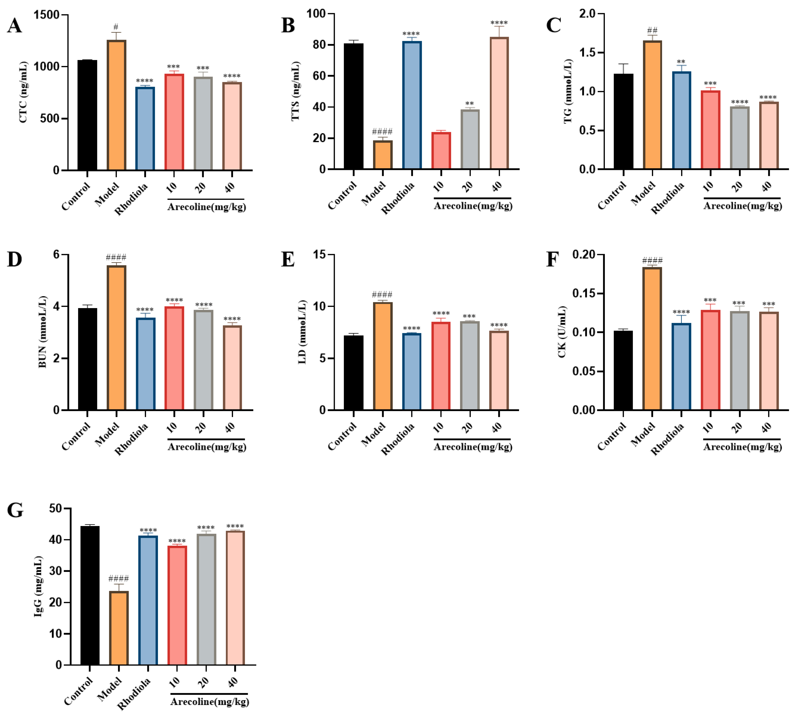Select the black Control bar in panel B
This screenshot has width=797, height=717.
click(x=353, y=106)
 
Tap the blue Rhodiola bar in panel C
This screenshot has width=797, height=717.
click(x=681, y=120)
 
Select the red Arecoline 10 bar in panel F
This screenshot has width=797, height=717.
click(x=710, y=360)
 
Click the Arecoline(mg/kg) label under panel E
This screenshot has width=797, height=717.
click(x=473, y=447)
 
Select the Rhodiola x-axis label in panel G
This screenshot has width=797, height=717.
click(x=134, y=694)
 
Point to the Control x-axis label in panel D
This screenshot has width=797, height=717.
click(x=76, y=436)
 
